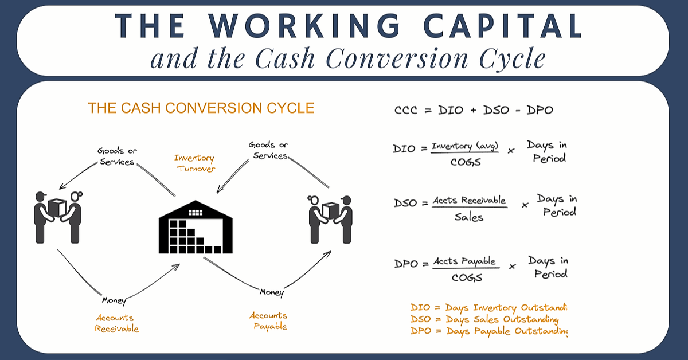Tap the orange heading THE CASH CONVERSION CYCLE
tap(201, 108)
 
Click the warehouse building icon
tap(196, 228)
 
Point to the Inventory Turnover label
tap(194, 163)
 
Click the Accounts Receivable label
tap(117, 323)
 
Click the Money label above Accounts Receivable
tap(114, 300)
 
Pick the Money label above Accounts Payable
tap(271, 292)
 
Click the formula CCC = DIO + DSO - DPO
tap(474, 110)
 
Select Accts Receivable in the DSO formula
tap(470, 200)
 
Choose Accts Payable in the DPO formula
tap(464, 261)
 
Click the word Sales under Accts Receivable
tap(469, 217)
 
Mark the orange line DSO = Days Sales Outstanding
tap(484, 319)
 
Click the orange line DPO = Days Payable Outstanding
tap(489, 331)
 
